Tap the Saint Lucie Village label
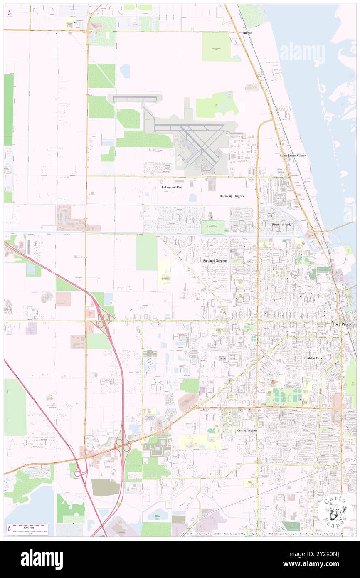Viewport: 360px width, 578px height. pyautogui.click(x=293, y=155)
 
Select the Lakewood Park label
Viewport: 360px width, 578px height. pyautogui.click(x=172, y=188)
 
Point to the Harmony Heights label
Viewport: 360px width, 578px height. pyautogui.click(x=232, y=196)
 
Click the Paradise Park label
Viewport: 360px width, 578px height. pyautogui.click(x=281, y=225)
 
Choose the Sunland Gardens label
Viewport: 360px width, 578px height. pyautogui.click(x=215, y=260)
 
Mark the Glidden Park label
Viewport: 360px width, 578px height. pyautogui.click(x=313, y=358)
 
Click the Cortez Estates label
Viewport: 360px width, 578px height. pyautogui.click(x=247, y=430)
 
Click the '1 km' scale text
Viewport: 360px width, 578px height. pyautogui.click(x=30, y=533)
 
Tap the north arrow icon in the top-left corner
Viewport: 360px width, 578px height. pyautogui.click(x=9, y=13)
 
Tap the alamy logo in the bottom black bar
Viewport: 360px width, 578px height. pyautogui.click(x=42, y=559)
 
